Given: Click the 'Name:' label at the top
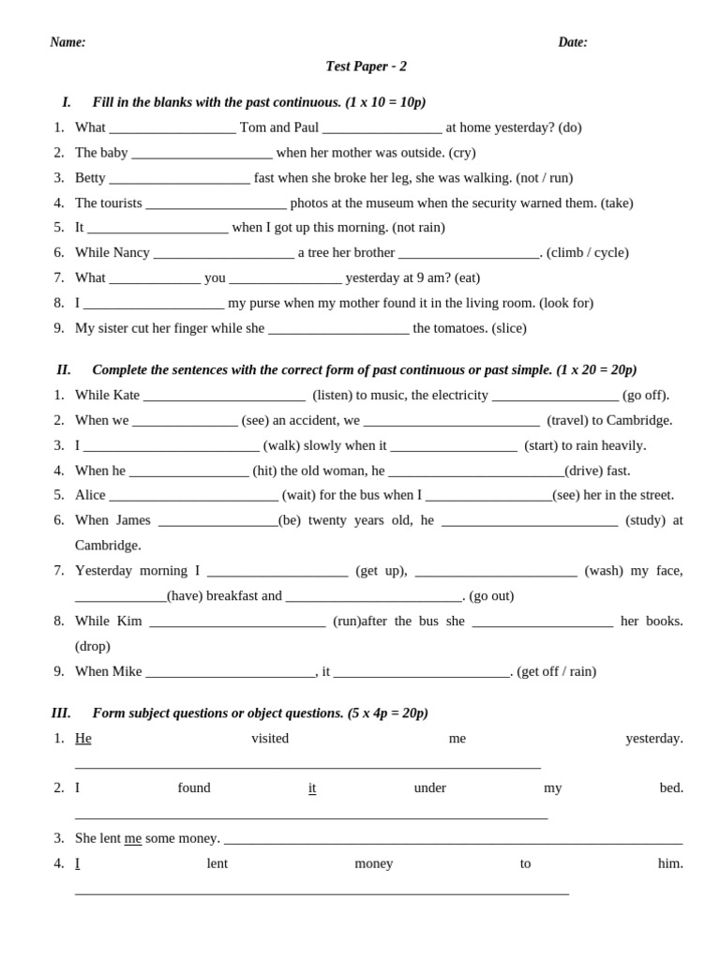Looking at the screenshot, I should pos(67,42).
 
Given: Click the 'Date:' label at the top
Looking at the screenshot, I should pos(573,42).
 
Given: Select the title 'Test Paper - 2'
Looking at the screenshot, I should pos(366,67).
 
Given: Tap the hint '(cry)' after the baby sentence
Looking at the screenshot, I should pos(462,153).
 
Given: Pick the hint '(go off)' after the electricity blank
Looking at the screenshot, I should pos(646,396).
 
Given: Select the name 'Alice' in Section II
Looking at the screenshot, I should pos(90,495).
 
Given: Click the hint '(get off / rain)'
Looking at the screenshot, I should pos(556,671).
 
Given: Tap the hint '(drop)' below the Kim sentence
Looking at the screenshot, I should pos(93,647).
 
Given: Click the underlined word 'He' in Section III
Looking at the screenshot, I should pos(83,739).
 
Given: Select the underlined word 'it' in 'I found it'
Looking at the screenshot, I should pos(312,788).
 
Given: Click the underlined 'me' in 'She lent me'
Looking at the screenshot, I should pos(133,838).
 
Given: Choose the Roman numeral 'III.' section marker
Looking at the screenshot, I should pos(61,713).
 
